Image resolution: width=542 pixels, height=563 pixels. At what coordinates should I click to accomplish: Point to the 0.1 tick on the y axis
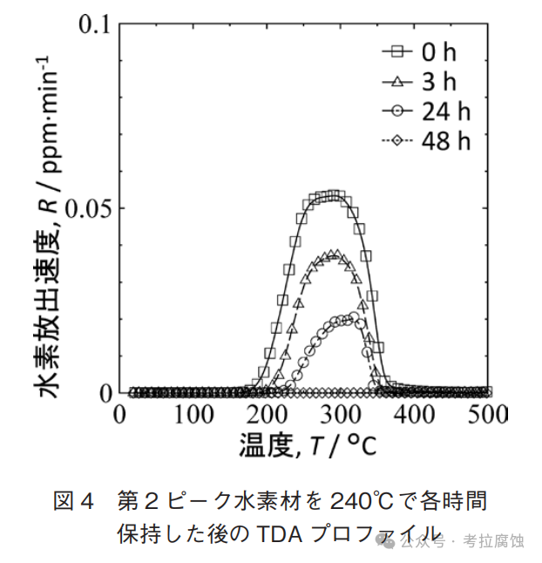pyautogui.click(x=96, y=24)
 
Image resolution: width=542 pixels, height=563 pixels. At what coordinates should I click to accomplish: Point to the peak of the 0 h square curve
pyautogui.click(x=333, y=195)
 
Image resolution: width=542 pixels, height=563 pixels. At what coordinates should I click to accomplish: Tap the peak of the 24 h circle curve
pyautogui.click(x=347, y=319)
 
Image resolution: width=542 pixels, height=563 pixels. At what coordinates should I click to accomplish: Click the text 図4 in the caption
pyautogui.click(x=73, y=501)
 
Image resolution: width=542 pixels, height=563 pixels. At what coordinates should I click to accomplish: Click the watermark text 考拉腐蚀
pyautogui.click(x=494, y=542)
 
